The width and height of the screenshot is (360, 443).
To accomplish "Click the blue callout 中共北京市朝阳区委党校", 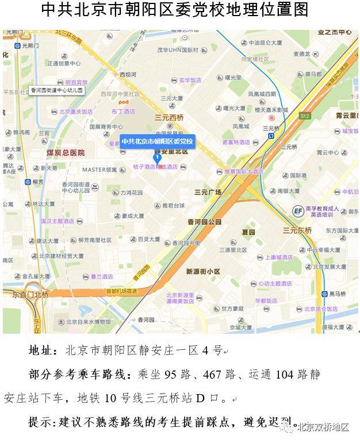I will tap(158, 142).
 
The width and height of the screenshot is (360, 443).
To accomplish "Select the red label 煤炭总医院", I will tap(66, 152).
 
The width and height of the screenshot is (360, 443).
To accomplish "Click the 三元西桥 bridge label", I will tap(168, 117).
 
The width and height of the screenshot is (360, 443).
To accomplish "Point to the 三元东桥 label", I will tap(297, 230).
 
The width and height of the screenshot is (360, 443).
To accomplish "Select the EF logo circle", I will tap(298, 211).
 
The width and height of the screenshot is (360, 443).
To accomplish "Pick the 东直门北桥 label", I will tap(30, 295).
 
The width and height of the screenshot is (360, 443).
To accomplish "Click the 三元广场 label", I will tap(208, 192).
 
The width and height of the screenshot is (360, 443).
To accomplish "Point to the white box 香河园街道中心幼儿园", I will tap(57, 90).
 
